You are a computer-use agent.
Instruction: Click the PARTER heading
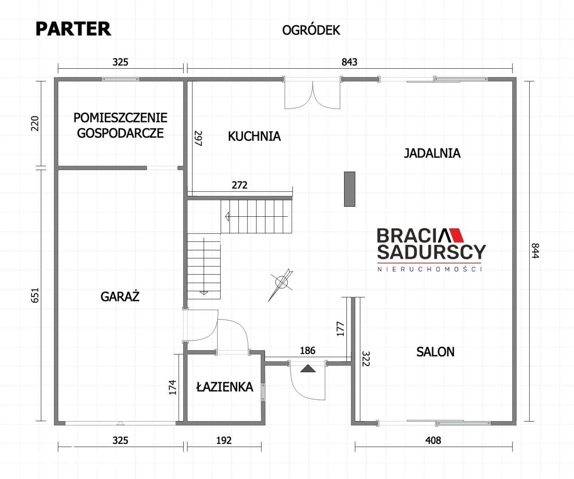pyautogui.click(x=73, y=29)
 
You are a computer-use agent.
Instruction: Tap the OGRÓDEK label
pyautogui.click(x=311, y=30)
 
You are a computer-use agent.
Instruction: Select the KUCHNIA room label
pyautogui.click(x=254, y=137)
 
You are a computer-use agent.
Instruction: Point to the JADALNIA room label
pyautogui.click(x=432, y=153)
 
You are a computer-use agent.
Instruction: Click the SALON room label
pyautogui.click(x=435, y=352)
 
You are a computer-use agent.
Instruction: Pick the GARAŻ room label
pyautogui.click(x=120, y=297)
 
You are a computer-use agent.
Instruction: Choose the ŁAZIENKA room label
pyautogui.click(x=225, y=387)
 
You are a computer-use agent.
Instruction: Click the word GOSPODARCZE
pyautogui.click(x=121, y=133)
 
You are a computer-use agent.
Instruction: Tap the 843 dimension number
pyautogui.click(x=349, y=62)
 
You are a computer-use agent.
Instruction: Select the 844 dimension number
pyautogui.click(x=535, y=251)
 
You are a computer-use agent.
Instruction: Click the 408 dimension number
pyautogui.click(x=433, y=441)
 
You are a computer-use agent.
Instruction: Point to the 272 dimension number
pyautogui.click(x=239, y=185)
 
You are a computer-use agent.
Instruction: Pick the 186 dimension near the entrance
pyautogui.click(x=307, y=350)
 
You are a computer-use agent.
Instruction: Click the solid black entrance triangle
pyautogui.click(x=308, y=368)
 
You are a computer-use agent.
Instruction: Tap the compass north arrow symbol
pyautogui.click(x=281, y=284)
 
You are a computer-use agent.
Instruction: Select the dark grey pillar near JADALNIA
pyautogui.click(x=349, y=189)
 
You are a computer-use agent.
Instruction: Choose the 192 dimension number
pyautogui.click(x=224, y=441)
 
